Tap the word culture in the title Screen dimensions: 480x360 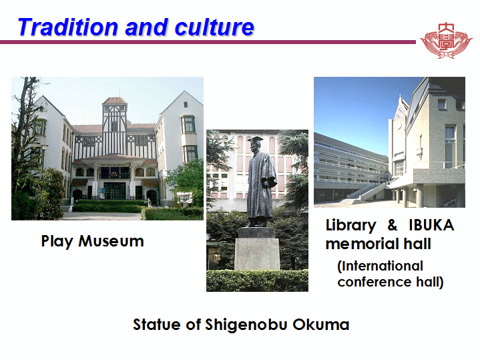tap(214, 27)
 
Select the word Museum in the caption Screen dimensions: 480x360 tap(111, 241)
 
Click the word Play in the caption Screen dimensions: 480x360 tap(57, 242)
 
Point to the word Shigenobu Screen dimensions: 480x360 tap(246, 325)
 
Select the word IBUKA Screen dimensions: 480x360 tap(431, 225)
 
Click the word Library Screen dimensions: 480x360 tap(350, 226)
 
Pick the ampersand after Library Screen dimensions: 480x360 tap(393, 225)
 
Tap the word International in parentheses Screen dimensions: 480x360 tap(381, 266)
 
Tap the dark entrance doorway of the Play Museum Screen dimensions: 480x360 tap(114, 190)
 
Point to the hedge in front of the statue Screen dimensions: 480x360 tap(257, 281)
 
